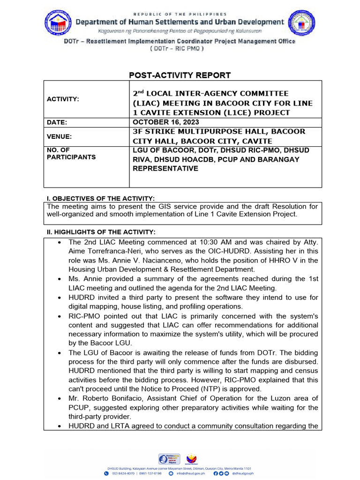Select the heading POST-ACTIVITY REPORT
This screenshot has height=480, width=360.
(x=180, y=75)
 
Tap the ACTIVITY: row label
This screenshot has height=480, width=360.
(x=62, y=99)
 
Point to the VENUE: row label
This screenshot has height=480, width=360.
(x=60, y=136)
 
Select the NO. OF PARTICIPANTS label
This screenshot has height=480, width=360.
(x=70, y=153)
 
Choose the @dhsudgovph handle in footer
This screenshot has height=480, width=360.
(x=244, y=473)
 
